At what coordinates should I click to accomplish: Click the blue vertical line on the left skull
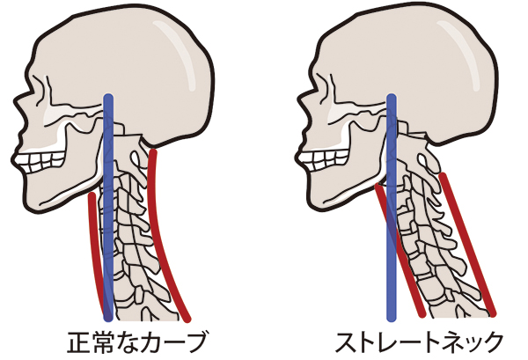(108, 207)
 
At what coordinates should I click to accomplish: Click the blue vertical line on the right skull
(392, 207)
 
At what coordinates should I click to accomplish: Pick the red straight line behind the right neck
(468, 245)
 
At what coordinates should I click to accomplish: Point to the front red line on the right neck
(400, 250)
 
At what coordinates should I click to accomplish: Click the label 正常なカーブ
(136, 342)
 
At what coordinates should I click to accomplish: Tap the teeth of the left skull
(41, 161)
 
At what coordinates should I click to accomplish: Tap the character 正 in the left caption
(77, 342)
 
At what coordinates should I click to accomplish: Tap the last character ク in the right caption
(492, 342)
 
